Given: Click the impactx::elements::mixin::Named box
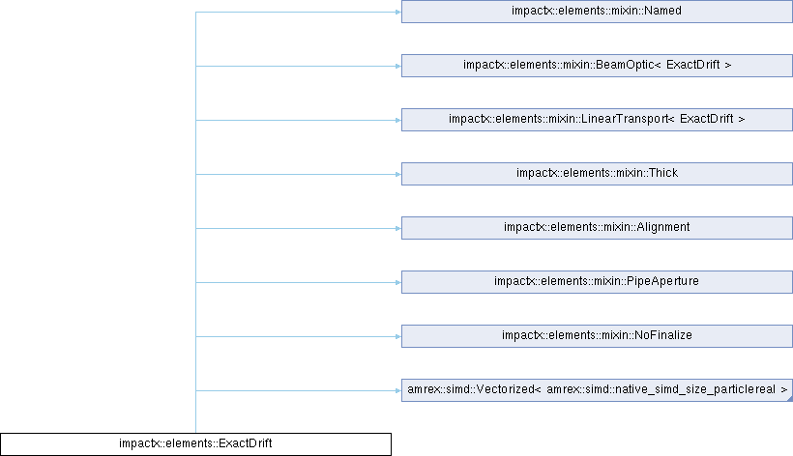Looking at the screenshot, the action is tap(597, 11).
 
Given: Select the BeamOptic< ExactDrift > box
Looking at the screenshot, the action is tap(597, 66).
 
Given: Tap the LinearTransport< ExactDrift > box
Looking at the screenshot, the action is tap(597, 120).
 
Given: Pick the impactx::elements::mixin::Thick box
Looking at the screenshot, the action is tap(597, 174).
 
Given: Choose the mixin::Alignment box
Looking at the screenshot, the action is tap(597, 228).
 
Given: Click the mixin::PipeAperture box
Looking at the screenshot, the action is tap(597, 282).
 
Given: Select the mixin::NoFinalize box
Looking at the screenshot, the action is tap(597, 336).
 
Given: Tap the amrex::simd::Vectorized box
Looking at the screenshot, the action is tap(597, 390).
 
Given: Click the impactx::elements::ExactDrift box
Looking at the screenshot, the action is tap(195, 443).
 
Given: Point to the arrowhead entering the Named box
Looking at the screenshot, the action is tap(398, 12).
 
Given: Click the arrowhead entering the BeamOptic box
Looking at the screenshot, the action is tap(398, 66).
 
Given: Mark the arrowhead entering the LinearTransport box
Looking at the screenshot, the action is tap(398, 120).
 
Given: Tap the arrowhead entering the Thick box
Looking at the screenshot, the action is tap(398, 174).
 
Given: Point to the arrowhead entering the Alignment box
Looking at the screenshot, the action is tap(398, 228).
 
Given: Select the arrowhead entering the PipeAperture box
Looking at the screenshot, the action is tap(398, 282).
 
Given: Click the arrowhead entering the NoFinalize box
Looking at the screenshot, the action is tap(398, 336).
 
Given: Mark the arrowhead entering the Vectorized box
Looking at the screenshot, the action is tap(398, 390).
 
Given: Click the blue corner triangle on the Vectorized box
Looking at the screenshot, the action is tap(790, 399).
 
